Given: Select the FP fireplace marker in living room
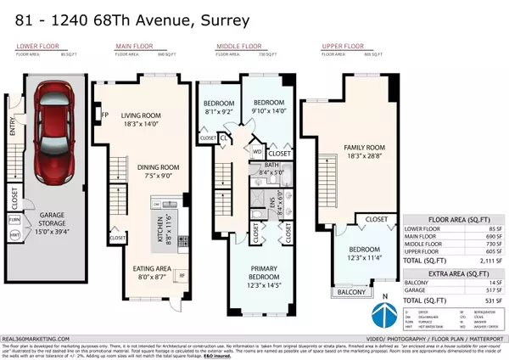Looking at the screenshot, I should click(104, 114).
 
